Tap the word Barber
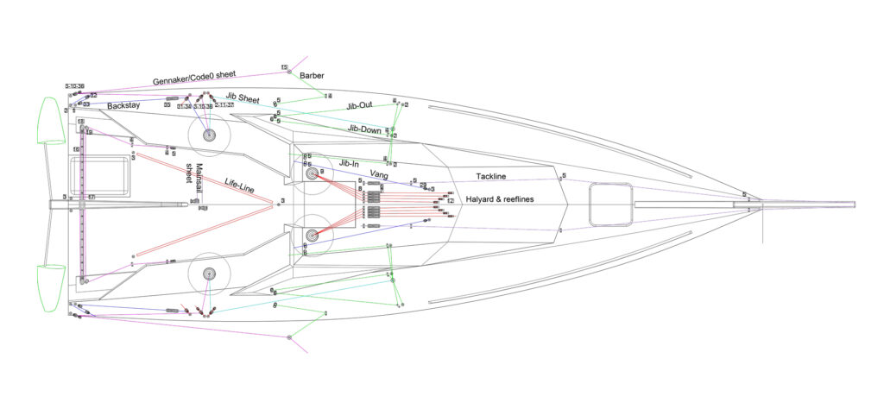pyautogui.click(x=312, y=76)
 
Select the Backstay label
pyautogui.click(x=123, y=106)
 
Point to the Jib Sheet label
pyautogui.click(x=243, y=99)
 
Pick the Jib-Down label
pyautogui.click(x=364, y=129)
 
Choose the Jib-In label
pyautogui.click(x=349, y=162)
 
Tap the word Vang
pyautogui.click(x=378, y=174)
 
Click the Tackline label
pyautogui.click(x=491, y=177)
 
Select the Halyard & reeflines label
pyautogui.click(x=508, y=199)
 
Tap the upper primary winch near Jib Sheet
pyautogui.click(x=208, y=135)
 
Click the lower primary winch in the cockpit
pyautogui.click(x=208, y=274)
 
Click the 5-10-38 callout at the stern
pyautogui.click(x=74, y=87)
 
